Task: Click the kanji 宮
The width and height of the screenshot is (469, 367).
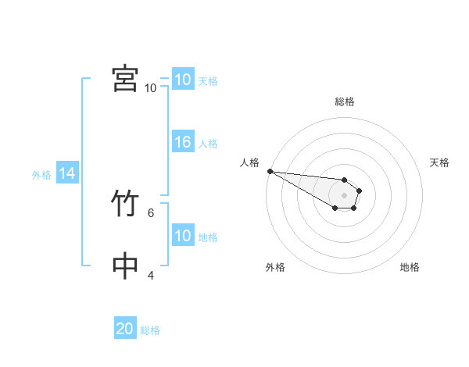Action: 125,78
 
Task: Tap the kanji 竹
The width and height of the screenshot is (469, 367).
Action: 125,205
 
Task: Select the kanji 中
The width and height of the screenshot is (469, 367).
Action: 125,266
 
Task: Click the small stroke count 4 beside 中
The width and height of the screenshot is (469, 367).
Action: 151,275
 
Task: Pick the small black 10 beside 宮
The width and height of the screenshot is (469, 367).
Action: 150,87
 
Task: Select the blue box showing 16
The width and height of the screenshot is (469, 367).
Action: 183,142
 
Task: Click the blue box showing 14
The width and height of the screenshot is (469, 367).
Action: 67,173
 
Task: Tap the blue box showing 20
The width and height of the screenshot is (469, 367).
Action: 125,329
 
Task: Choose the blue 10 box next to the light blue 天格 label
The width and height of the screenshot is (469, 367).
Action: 183,80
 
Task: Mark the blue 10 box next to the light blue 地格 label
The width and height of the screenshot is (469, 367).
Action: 183,236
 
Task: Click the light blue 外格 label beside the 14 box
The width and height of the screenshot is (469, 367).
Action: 41,175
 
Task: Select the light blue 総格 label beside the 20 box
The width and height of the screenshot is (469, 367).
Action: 150,330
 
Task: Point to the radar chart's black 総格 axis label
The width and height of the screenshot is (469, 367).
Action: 345,102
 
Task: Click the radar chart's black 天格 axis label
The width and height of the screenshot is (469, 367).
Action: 440,162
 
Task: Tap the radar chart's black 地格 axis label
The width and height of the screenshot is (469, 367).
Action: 410,267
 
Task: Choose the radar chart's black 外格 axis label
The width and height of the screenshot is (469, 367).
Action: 275,267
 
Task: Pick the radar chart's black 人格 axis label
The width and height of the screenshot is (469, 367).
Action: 249,162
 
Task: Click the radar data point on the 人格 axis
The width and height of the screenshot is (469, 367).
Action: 270,171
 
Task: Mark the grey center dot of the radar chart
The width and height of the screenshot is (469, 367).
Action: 345,195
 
